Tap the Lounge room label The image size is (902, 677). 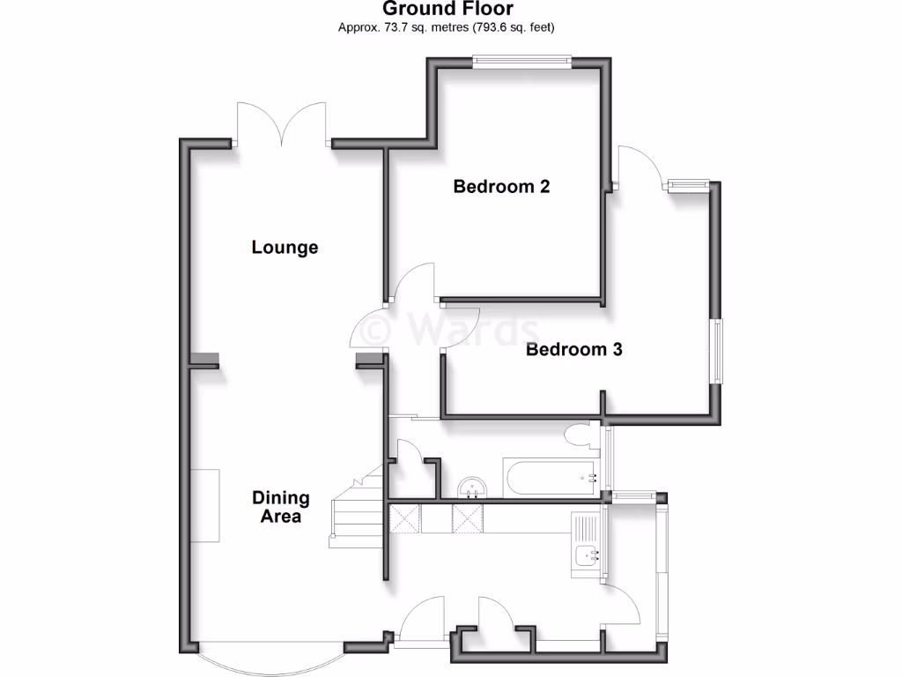(285, 247)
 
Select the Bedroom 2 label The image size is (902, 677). (501, 186)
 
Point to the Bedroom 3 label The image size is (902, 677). (573, 349)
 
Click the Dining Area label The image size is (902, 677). (281, 507)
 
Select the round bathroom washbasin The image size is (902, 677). (474, 487)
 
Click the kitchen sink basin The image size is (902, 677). (585, 555)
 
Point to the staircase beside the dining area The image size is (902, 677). (357, 516)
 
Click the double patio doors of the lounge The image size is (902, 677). (282, 123)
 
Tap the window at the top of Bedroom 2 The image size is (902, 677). (521, 60)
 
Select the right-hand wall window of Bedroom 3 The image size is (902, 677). (718, 350)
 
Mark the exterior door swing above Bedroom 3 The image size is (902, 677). (639, 167)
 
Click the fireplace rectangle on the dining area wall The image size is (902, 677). (207, 506)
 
